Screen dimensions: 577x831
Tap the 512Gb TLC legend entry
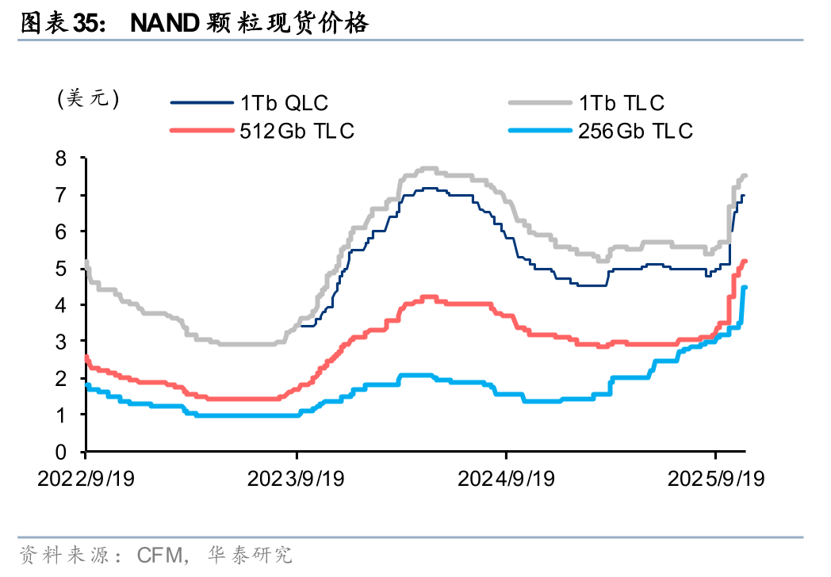click(297, 131)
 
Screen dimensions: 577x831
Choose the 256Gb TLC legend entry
click(635, 131)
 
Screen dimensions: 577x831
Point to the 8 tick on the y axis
click(71, 158)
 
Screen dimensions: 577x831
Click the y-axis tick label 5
click(71, 269)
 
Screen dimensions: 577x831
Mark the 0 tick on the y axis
click(71, 452)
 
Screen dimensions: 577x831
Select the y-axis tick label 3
click(71, 342)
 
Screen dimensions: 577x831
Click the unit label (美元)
click(88, 98)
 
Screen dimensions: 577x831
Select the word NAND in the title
click(164, 24)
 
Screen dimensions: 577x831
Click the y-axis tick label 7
click(71, 195)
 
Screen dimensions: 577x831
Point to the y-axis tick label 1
click(71, 415)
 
